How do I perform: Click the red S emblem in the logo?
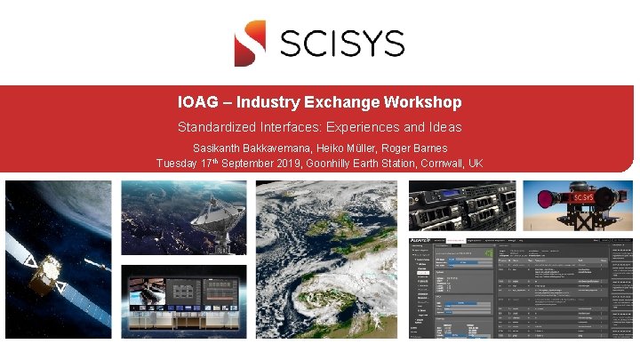[x=250, y=43]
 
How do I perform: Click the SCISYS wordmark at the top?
[x=342, y=43]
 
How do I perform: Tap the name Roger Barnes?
[x=418, y=148]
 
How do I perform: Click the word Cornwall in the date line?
[x=437, y=164]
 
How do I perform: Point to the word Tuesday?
[x=178, y=164]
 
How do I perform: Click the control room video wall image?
[x=183, y=301]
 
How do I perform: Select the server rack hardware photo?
[x=462, y=206]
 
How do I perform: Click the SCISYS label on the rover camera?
[x=583, y=197]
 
